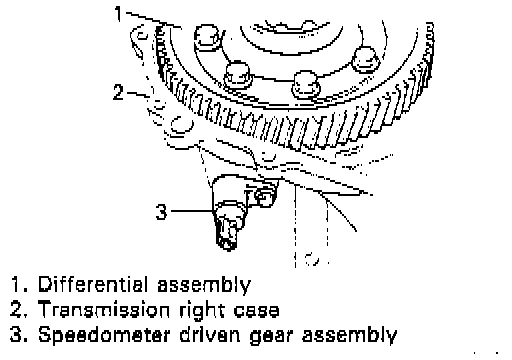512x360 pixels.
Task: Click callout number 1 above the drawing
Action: (x=119, y=14)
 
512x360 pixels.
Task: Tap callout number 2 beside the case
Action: (x=118, y=92)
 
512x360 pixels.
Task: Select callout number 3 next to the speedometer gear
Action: (x=161, y=211)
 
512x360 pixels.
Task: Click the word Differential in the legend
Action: (x=93, y=285)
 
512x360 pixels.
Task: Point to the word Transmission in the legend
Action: (x=104, y=310)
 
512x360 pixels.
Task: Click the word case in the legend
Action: (x=256, y=311)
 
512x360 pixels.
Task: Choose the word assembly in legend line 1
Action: (x=204, y=286)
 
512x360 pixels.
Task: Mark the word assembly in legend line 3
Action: (x=350, y=335)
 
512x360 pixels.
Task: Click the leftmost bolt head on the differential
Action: (x=207, y=38)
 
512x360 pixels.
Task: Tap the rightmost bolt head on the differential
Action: (x=366, y=60)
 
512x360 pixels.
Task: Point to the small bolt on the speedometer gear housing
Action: (x=265, y=197)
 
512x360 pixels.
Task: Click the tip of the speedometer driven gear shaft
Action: (x=228, y=246)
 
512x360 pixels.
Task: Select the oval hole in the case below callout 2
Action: (x=182, y=125)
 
